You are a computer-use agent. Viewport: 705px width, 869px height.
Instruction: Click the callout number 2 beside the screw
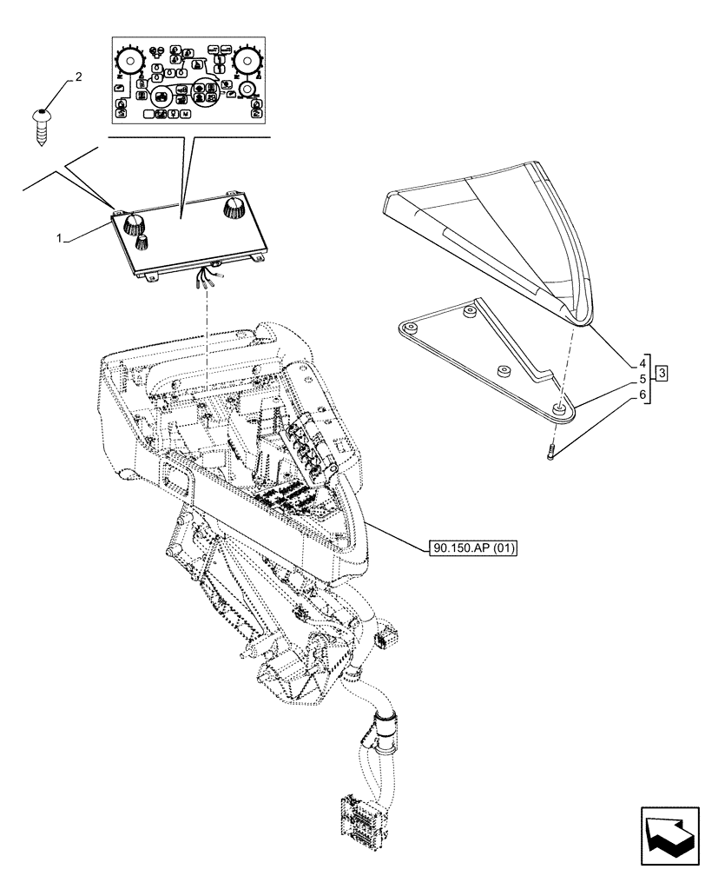tap(79, 78)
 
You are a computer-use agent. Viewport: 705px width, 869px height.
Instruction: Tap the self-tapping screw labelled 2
tap(40, 122)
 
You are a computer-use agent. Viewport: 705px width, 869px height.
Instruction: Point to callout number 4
tap(642, 379)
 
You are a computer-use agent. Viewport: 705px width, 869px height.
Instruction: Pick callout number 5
tap(642, 395)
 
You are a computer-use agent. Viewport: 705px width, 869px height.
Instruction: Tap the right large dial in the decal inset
tap(248, 62)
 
